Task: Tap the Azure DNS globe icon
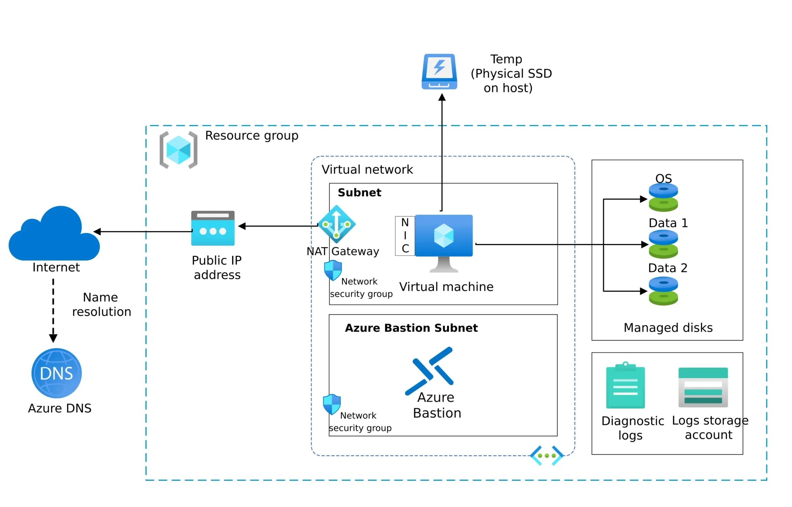[x=56, y=373]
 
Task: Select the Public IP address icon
[x=213, y=228]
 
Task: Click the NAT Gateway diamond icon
[x=336, y=224]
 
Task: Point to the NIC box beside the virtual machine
[x=405, y=236]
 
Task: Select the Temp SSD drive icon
[x=439, y=72]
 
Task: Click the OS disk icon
[x=663, y=197]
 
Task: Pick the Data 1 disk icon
[x=663, y=244]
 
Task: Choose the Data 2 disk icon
[x=663, y=291]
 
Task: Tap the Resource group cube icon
[x=178, y=150]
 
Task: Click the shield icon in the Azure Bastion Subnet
[x=332, y=404]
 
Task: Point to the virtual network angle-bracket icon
[x=547, y=455]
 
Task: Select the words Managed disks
[x=668, y=327]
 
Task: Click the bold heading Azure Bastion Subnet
[x=411, y=328]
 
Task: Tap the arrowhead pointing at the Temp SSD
[x=442, y=98]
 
